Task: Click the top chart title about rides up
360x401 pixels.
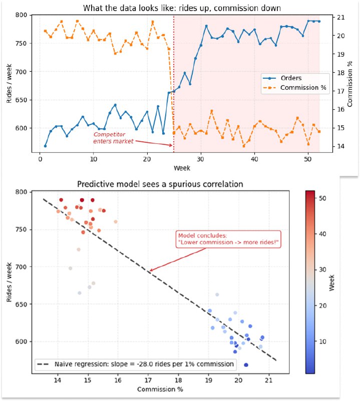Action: [x=182, y=8]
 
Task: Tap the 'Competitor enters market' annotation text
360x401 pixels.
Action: [x=113, y=138]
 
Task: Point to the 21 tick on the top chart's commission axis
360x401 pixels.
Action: [x=340, y=18]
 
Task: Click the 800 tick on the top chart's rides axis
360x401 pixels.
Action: [x=21, y=15]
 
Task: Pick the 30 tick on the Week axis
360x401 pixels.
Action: [x=201, y=159]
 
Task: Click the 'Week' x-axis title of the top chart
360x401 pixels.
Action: [x=182, y=168]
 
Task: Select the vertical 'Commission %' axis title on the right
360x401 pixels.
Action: [x=349, y=84]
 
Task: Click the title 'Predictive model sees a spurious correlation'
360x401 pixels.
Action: [x=160, y=184]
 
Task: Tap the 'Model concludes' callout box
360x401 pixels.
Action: [x=228, y=239]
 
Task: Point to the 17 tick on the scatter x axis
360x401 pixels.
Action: [x=148, y=380]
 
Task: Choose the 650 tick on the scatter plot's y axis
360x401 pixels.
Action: [x=21, y=304]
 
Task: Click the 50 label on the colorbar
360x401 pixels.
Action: [x=322, y=198]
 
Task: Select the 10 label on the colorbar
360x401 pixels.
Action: [x=322, y=341]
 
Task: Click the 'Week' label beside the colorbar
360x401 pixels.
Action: [x=331, y=283]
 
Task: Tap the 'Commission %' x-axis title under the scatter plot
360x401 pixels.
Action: [x=160, y=389]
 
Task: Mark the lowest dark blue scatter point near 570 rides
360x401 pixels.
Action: [x=246, y=365]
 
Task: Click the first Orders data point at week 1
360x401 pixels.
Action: [x=45, y=146]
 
